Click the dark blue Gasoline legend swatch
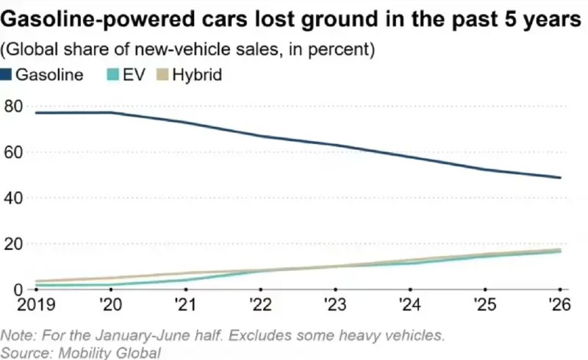[x=6, y=75]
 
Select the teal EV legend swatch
[x=113, y=75]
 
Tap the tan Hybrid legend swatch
[x=162, y=75]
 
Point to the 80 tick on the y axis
[x=13, y=107]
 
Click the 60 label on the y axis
[x=13, y=152]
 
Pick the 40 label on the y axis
[x=13, y=198]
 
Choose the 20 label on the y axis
[x=13, y=244]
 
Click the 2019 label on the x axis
[x=36, y=304]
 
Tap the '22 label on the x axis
[x=261, y=304]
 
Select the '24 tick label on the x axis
[x=410, y=304]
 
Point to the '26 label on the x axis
[x=559, y=304]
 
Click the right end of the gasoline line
[x=560, y=178]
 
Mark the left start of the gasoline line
[x=35, y=112]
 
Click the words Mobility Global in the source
[x=109, y=353]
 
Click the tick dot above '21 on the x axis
[x=186, y=289]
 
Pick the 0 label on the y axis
[x=18, y=289]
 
